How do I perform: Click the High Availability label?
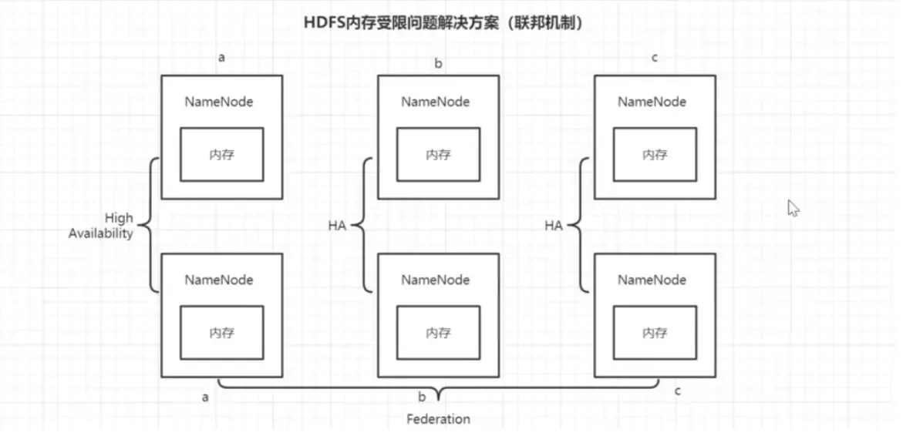(101, 226)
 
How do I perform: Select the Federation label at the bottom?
(438, 419)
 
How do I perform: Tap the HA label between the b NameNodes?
(336, 226)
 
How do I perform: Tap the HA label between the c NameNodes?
(553, 226)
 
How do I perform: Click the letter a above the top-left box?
(222, 58)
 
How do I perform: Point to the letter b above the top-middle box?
(438, 63)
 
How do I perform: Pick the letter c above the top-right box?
(655, 58)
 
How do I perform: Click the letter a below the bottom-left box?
(205, 397)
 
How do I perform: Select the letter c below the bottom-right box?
(677, 391)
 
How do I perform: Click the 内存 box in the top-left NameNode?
(222, 155)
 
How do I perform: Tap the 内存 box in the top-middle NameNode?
(438, 155)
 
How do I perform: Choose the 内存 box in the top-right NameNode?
(655, 155)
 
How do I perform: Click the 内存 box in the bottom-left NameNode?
(222, 333)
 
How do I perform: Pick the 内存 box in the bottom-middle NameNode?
(438, 333)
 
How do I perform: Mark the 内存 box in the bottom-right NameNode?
(655, 333)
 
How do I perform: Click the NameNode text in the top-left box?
(219, 102)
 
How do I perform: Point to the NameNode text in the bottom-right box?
(652, 280)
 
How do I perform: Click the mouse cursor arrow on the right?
(793, 208)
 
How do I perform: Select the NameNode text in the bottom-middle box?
(435, 280)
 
